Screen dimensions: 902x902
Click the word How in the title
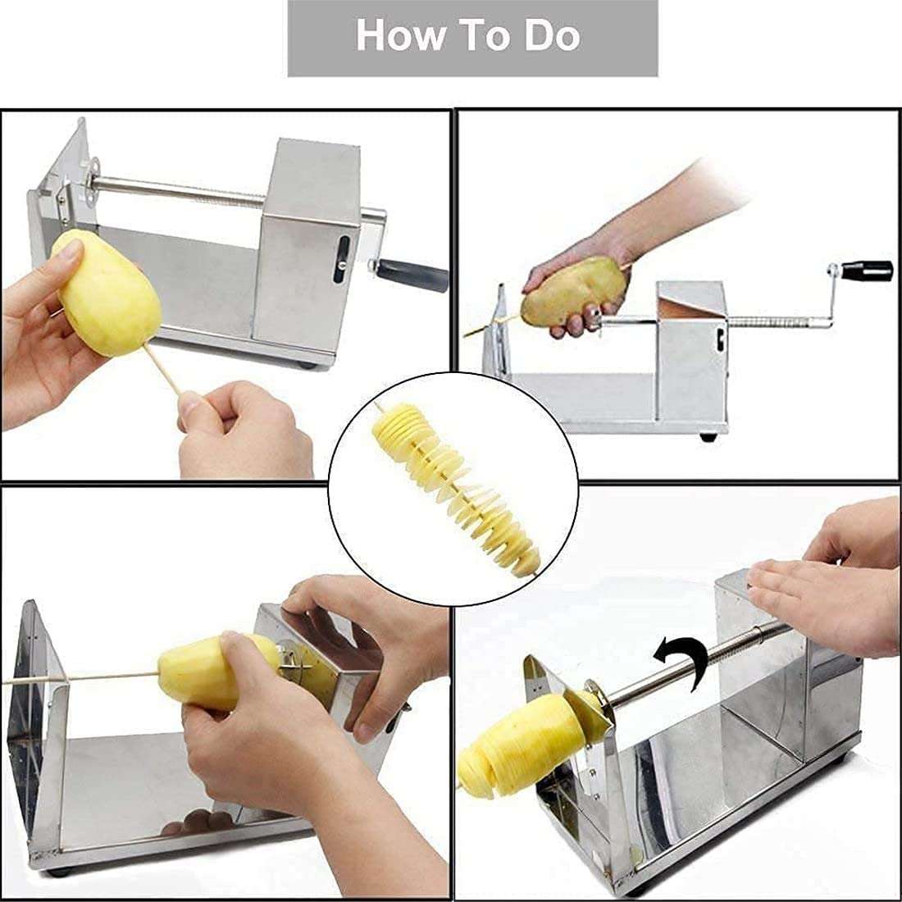tap(393, 36)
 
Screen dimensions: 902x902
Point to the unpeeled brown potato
tap(574, 289)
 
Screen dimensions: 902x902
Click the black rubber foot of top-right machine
tap(706, 438)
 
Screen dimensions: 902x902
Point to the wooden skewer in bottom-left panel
tap(82, 679)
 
